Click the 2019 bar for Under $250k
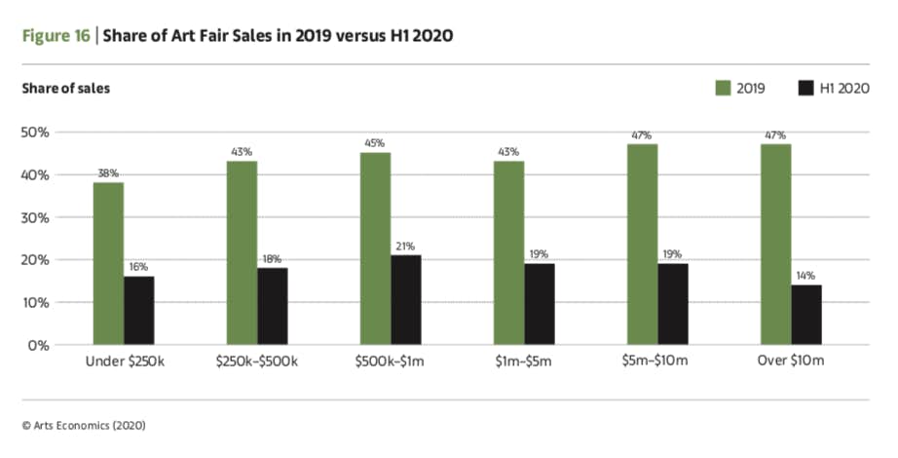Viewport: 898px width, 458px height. point(108,263)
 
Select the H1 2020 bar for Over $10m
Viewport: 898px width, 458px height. point(806,315)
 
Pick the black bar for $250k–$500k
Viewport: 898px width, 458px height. point(272,306)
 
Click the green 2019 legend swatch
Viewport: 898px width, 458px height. point(723,89)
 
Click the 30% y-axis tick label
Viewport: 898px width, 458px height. point(38,217)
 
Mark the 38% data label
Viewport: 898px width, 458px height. point(108,173)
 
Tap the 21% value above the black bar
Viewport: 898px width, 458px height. point(405,246)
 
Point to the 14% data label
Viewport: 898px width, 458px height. point(806,275)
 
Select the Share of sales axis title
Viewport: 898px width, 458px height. point(65,89)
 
